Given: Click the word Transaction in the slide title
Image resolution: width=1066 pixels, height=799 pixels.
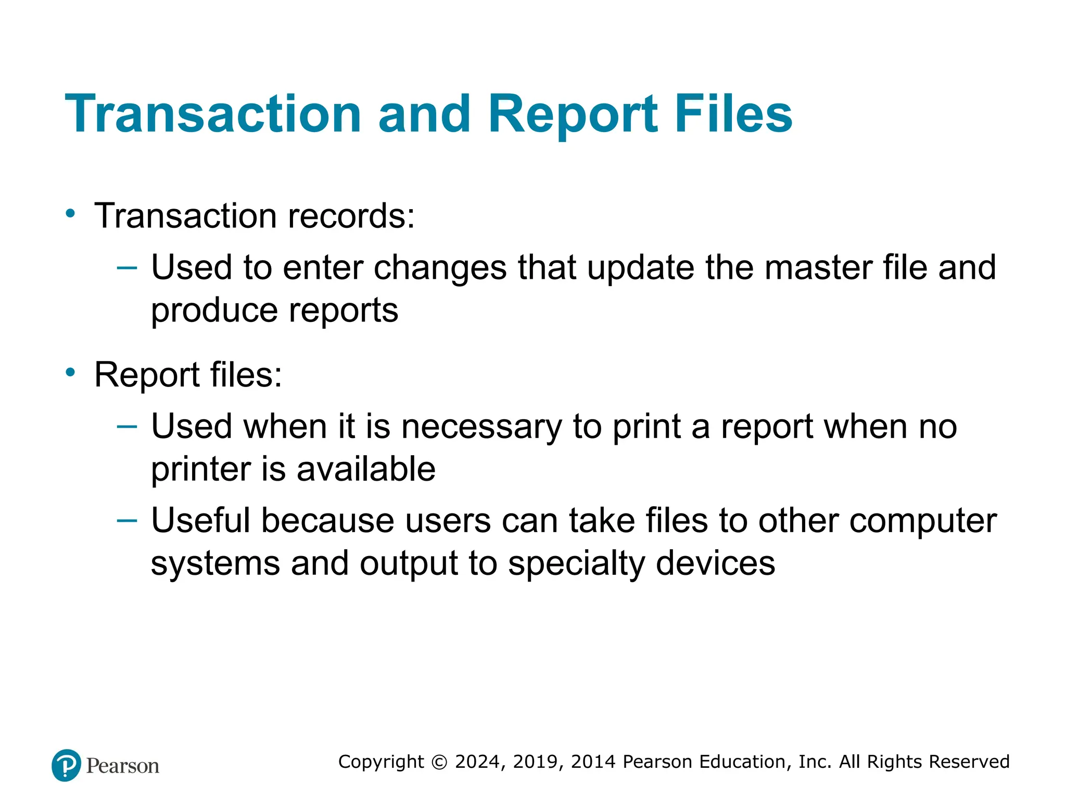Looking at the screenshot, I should [213, 114].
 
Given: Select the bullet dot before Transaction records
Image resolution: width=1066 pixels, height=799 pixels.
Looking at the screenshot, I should [70, 213].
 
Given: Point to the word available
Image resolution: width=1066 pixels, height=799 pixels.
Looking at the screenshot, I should [365, 469].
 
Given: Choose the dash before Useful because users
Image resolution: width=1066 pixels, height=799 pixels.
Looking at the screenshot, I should [127, 520].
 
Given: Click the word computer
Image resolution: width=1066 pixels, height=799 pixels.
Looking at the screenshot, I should [923, 522].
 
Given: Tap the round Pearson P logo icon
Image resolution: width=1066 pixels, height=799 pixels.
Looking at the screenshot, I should [66, 765].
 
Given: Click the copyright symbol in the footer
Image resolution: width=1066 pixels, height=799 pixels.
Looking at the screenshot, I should [439, 762].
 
